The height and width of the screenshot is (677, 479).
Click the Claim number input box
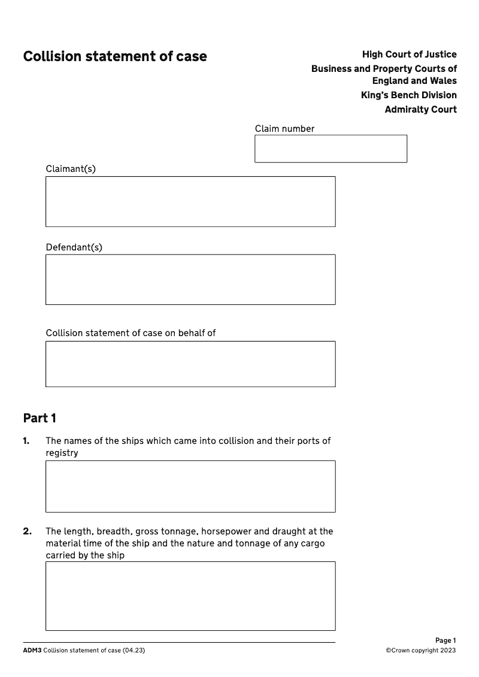tap(331, 149)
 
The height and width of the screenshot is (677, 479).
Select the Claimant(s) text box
tap(190, 201)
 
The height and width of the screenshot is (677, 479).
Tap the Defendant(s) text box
tap(190, 279)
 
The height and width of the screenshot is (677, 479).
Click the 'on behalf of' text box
tap(190, 364)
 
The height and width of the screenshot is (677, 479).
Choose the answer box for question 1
tap(190, 486)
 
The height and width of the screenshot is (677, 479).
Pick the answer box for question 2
tap(190, 596)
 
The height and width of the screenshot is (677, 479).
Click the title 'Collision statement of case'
tap(115, 56)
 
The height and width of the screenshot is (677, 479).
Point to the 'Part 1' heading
tap(40, 418)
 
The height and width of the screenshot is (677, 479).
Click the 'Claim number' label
tap(284, 129)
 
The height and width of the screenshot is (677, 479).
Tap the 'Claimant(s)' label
tap(71, 169)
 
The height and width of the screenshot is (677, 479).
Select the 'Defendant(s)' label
tap(74, 247)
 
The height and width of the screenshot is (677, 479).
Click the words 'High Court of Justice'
tap(409, 55)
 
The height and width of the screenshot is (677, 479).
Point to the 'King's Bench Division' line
tap(408, 95)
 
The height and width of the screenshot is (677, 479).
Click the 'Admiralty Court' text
tap(420, 110)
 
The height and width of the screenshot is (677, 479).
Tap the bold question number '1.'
tap(26, 441)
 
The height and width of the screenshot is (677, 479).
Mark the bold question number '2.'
tap(27, 531)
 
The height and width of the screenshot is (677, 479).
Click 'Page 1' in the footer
tap(445, 640)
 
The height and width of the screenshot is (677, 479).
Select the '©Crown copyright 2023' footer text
tap(420, 651)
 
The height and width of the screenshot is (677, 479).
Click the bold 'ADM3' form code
tap(32, 651)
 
